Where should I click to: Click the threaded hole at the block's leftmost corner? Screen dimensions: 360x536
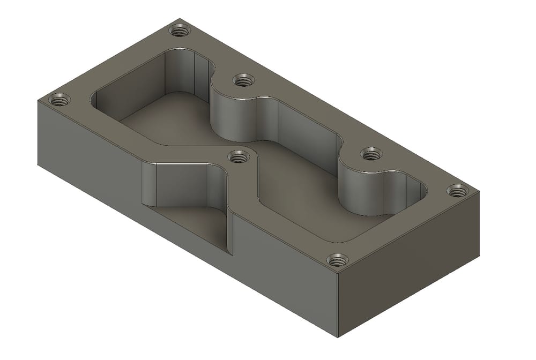pyautogui.click(x=59, y=100)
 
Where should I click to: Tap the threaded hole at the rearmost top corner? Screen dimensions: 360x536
pyautogui.click(x=180, y=30)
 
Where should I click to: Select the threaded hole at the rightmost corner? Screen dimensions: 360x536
pyautogui.click(x=457, y=190)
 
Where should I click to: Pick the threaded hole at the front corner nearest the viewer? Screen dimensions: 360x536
pyautogui.click(x=337, y=261)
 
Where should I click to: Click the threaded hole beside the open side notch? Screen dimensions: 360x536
pyautogui.click(x=239, y=156)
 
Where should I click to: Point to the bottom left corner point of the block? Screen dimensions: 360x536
pyautogui.click(x=38, y=163)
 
